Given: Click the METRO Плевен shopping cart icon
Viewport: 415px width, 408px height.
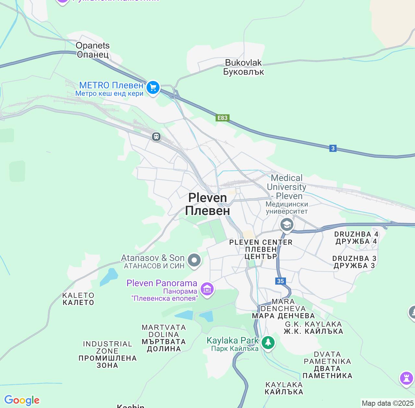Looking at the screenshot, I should (x=153, y=87).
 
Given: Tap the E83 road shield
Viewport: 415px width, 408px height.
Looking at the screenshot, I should (x=222, y=118).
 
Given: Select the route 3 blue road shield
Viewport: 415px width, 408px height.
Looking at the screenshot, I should (x=333, y=148).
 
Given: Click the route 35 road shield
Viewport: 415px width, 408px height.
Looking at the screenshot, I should (x=280, y=281).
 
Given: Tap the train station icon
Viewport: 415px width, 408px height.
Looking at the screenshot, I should (x=156, y=137).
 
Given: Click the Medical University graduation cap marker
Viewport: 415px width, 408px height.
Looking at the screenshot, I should (x=287, y=224).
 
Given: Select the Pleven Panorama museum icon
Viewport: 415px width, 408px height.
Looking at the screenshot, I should (x=207, y=289).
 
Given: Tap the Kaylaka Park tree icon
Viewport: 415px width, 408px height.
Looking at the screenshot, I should (x=268, y=343).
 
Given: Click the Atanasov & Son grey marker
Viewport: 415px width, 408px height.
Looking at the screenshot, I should (x=194, y=260).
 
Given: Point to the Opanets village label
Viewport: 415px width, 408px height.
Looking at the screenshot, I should (x=93, y=50).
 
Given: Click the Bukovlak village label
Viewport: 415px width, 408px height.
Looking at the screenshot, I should (x=243, y=67).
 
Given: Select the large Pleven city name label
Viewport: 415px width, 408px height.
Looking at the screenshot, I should (x=207, y=204).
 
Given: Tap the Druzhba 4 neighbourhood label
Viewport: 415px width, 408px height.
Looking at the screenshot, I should (x=356, y=238).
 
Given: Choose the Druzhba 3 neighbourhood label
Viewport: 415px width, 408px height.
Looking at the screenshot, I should (x=354, y=262).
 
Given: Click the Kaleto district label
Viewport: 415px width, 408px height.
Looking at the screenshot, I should (x=78, y=299).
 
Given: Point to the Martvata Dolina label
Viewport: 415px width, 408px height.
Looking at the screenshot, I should (x=164, y=338).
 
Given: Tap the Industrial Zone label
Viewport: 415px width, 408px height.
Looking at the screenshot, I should (x=107, y=354).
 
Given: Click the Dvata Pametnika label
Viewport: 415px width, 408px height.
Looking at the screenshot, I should (x=327, y=365).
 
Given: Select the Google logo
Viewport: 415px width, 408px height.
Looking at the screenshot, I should (x=22, y=401).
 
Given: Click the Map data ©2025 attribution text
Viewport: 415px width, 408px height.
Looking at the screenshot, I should (x=387, y=403).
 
